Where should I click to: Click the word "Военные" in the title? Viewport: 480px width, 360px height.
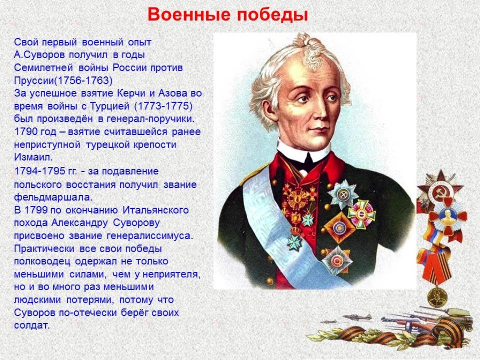coord(190,15)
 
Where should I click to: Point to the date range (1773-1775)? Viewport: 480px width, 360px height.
coord(163,106)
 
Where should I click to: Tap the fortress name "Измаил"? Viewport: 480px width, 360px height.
coord(33,157)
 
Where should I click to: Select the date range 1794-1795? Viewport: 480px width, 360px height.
coord(39,171)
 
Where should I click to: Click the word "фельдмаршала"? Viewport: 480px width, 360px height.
coord(53,197)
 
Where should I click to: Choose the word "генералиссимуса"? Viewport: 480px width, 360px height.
coord(150,236)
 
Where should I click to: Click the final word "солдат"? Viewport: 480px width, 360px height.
coord(31,325)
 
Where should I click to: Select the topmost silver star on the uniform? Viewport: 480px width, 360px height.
coord(343,195)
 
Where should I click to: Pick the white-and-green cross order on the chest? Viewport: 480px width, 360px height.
coord(361,215)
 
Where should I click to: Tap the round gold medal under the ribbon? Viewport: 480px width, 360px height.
coord(433,297)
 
